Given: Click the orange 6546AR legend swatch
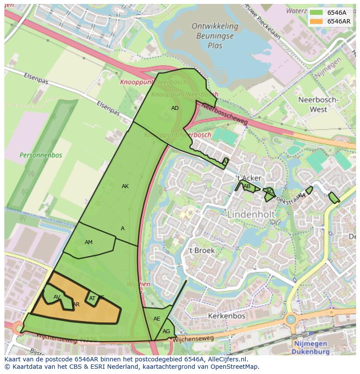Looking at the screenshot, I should (316, 21).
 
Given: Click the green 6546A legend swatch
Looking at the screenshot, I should (316, 13).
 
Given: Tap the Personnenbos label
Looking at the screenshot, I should (41, 155).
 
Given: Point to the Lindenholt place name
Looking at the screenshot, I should (251, 214).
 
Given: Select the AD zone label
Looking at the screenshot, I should (175, 108).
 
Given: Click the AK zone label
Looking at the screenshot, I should (125, 186).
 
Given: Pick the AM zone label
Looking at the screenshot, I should (89, 242).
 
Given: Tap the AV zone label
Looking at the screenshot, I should (57, 297).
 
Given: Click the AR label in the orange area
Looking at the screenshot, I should (76, 304).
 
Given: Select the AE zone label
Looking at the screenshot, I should (157, 319).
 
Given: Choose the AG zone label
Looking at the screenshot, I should (167, 331).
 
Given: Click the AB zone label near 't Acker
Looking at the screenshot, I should (247, 187).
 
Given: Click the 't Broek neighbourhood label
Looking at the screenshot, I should (201, 250).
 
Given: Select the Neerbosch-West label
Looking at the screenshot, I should (318, 105).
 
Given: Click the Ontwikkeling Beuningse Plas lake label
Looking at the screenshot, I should (215, 36).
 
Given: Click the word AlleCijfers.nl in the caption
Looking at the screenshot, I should (226, 359).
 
